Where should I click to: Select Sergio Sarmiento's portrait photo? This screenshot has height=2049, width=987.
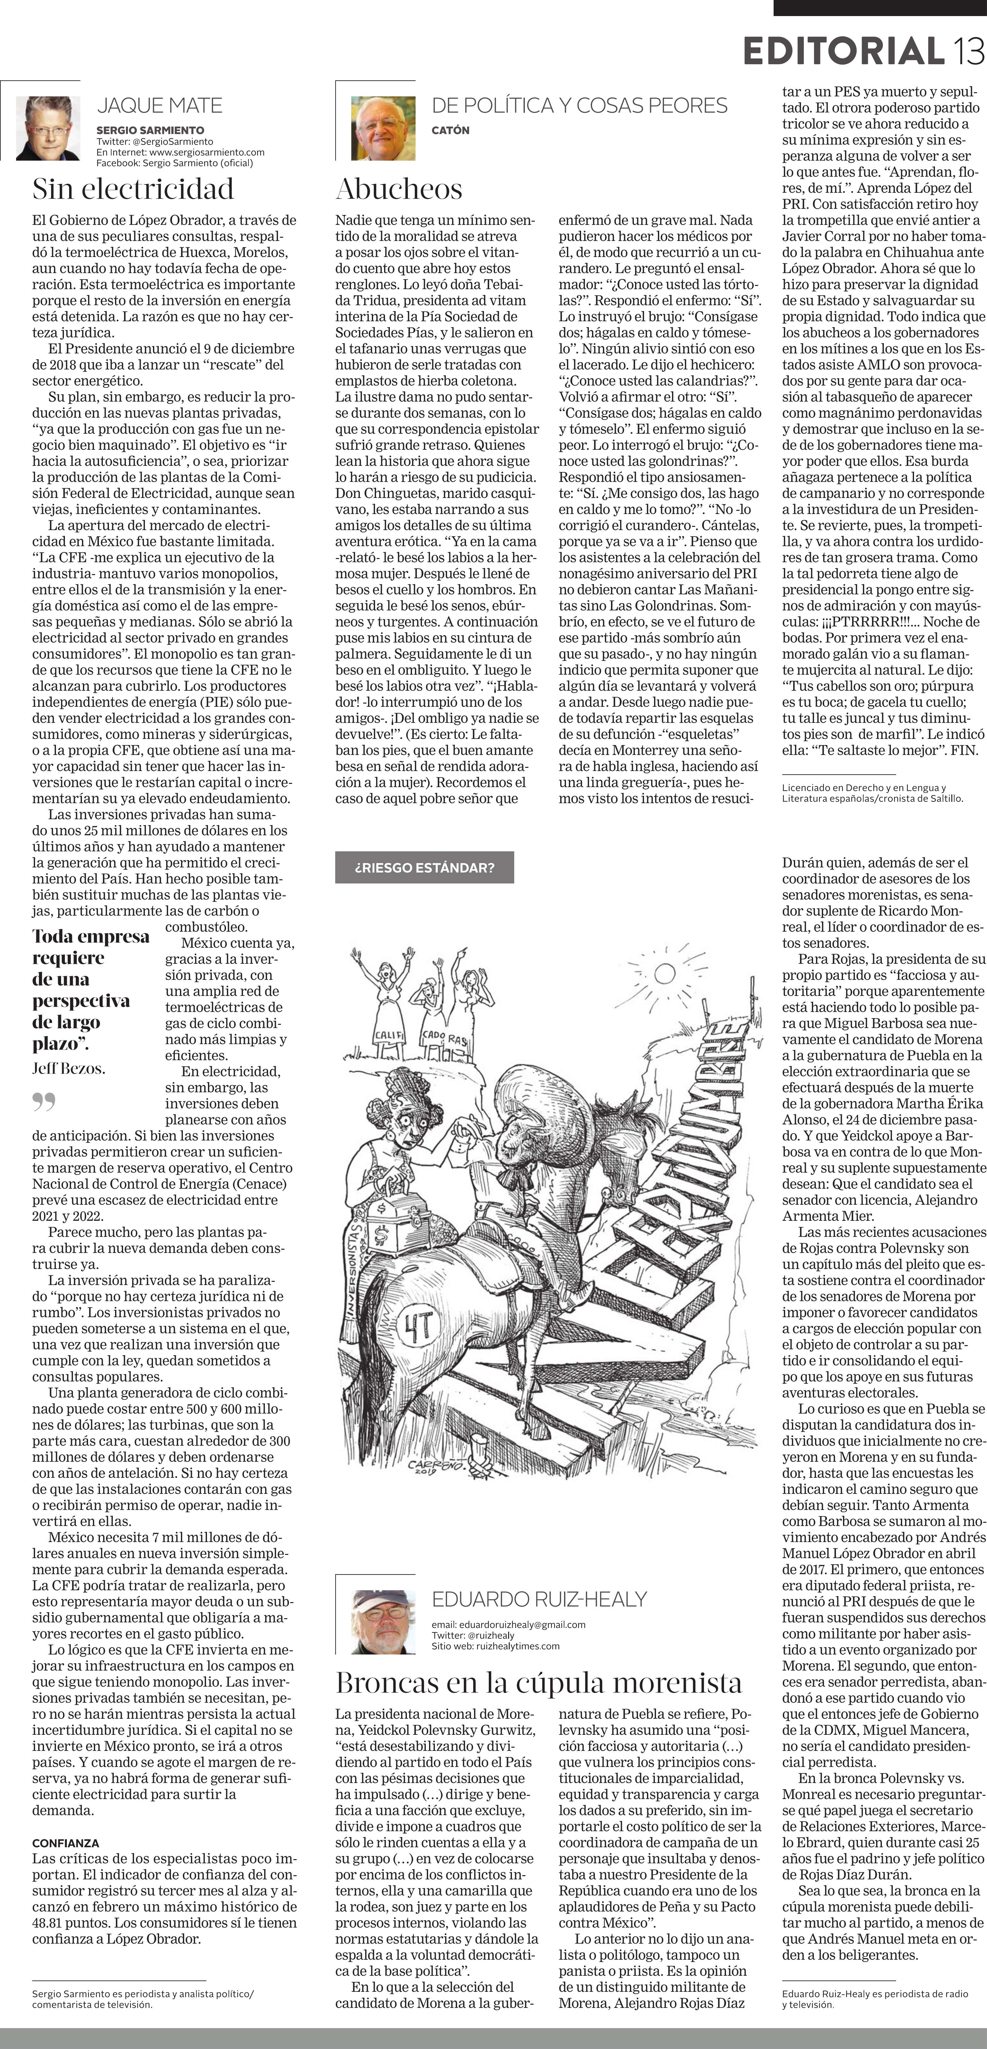click(48, 128)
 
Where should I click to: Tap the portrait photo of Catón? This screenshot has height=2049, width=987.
click(383, 128)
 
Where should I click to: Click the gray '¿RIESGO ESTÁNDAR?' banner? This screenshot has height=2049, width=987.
click(424, 867)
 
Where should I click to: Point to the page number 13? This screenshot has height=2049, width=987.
click(969, 52)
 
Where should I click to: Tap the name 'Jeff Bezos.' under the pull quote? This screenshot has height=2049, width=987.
click(68, 1068)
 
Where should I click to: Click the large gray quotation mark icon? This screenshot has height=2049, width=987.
click(44, 1102)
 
